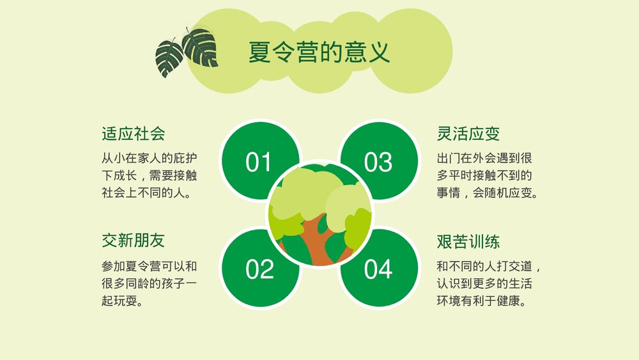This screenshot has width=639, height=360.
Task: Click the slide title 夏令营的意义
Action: pyautogui.click(x=319, y=52)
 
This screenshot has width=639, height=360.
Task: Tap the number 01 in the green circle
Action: pyautogui.click(x=259, y=162)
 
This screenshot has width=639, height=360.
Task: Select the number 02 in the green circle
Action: pyautogui.click(x=259, y=269)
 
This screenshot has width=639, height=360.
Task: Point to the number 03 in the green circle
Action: pyautogui.click(x=378, y=162)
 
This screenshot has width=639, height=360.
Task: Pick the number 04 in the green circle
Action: pyautogui.click(x=378, y=269)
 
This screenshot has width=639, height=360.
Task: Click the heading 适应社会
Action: pyautogui.click(x=134, y=134)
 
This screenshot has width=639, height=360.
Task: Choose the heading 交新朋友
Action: pyautogui.click(x=134, y=240)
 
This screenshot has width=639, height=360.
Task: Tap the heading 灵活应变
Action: pyautogui.click(x=468, y=134)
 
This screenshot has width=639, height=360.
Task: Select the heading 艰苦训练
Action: pyautogui.click(x=468, y=241)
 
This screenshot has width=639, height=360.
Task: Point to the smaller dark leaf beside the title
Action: pyautogui.click(x=169, y=58)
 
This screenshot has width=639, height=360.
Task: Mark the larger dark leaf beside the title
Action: pyautogui.click(x=200, y=47)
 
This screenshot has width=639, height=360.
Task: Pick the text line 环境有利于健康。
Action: pyautogui.click(x=481, y=300)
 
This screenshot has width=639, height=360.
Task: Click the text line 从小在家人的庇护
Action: pyautogui.click(x=149, y=157)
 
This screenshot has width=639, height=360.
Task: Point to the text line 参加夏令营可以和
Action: pyautogui.click(x=149, y=264)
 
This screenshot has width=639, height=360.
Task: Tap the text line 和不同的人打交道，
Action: pyautogui.click(x=489, y=264)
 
